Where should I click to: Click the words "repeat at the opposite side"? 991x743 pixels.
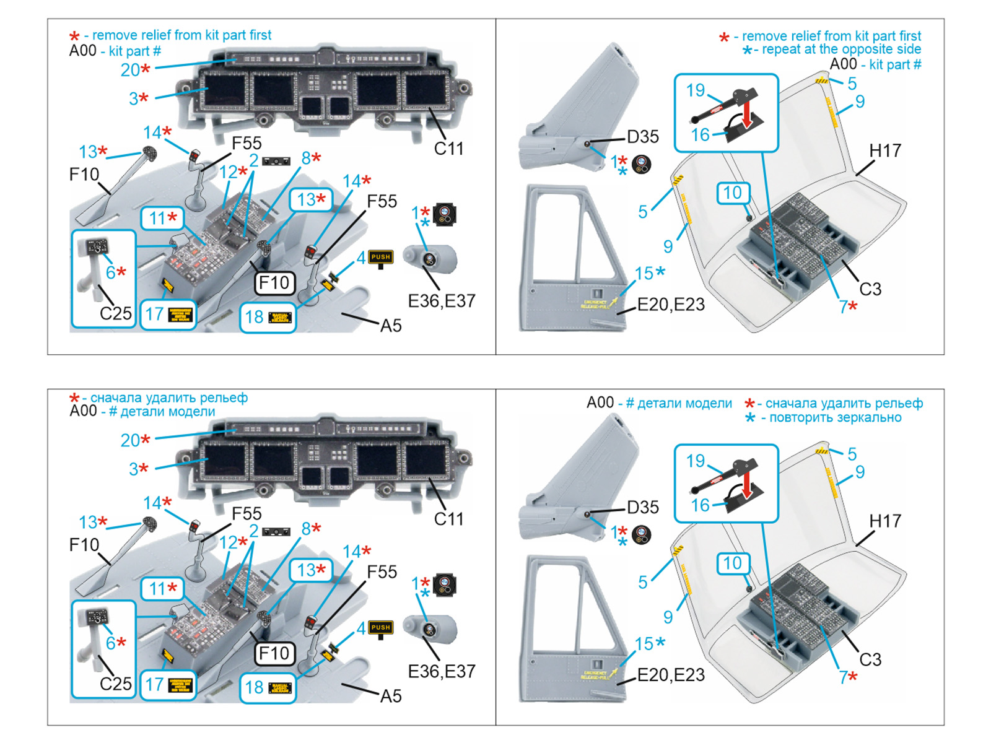840,50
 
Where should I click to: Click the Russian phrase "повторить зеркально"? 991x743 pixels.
835,417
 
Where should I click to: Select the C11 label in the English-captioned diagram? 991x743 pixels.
448,149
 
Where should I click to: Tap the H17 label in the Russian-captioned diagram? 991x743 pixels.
885,521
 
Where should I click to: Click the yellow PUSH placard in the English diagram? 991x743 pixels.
381,257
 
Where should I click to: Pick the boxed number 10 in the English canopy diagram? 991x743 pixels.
732,193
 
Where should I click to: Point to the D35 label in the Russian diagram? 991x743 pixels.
643,508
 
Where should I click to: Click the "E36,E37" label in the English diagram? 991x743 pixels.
442,301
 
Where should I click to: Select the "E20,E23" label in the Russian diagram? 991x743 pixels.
671,675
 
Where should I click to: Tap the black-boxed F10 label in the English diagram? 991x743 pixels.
274,283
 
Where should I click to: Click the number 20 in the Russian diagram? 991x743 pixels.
130,440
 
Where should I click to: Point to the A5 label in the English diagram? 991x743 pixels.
391,326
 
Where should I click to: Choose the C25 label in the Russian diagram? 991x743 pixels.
116,684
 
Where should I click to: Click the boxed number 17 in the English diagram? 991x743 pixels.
154,315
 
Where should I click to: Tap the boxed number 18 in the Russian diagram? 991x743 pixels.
254,687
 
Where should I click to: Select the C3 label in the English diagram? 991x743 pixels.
870,289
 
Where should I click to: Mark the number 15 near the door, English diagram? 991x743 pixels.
644,273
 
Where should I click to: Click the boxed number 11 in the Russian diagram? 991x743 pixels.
157,588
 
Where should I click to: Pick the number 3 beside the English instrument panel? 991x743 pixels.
134,98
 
